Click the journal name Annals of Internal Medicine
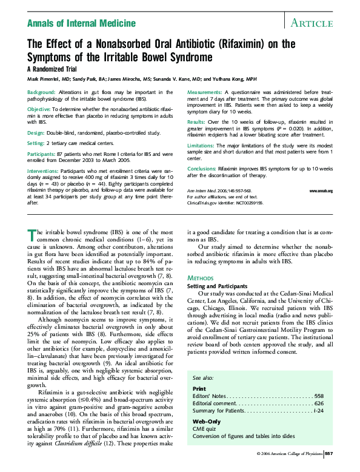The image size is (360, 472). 81,23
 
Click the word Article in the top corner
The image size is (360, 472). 312,23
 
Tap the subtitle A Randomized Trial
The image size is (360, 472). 56,69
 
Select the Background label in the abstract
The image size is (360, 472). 42,92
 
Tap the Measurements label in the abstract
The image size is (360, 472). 205,92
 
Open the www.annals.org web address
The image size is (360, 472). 321,191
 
